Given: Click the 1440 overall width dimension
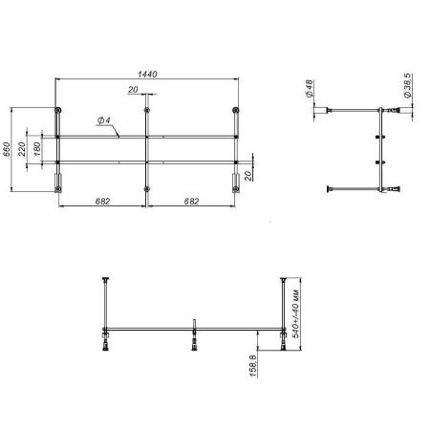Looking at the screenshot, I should (146, 74).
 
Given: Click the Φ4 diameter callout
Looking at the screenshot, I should (103, 121).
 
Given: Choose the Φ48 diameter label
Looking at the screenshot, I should (312, 88).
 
